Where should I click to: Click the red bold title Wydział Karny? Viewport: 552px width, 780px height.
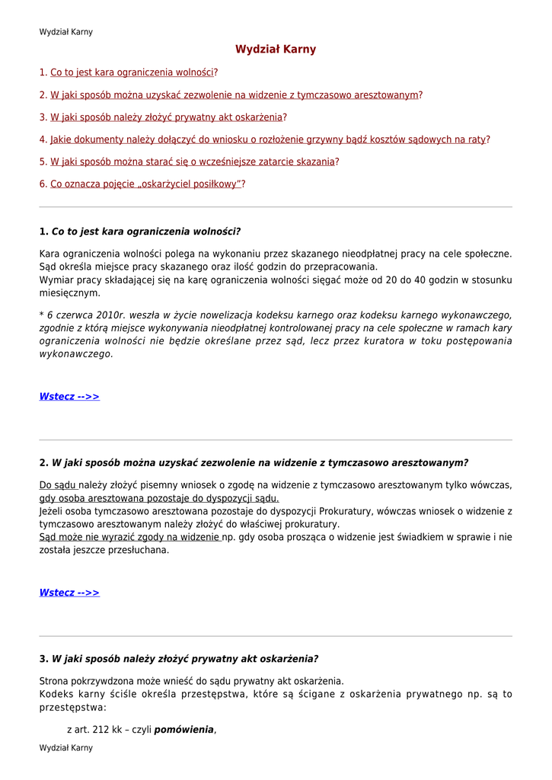(x=276, y=50)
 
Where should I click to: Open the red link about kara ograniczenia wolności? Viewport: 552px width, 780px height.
(x=132, y=73)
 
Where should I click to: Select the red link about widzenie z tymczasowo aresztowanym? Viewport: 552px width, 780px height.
(x=235, y=95)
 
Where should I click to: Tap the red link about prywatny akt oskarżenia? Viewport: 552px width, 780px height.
(x=166, y=117)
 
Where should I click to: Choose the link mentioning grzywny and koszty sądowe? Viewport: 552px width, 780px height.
(x=268, y=139)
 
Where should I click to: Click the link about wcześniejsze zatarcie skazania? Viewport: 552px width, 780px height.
(x=193, y=161)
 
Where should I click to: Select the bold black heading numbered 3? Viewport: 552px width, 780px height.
(x=179, y=659)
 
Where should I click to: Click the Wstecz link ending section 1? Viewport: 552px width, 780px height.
(x=69, y=397)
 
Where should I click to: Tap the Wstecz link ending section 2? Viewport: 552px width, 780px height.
(x=69, y=593)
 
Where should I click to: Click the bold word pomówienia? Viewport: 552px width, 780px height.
(x=184, y=730)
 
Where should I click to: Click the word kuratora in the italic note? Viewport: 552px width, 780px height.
(x=381, y=341)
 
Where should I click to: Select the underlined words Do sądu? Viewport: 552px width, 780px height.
(x=58, y=485)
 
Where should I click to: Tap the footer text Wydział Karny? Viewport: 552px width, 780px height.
(x=65, y=748)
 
